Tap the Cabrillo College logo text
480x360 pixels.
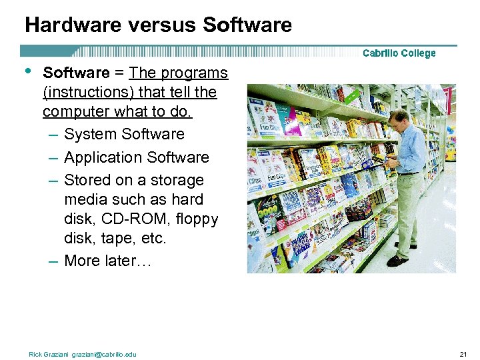(x=399, y=53)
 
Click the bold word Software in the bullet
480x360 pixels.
(x=76, y=73)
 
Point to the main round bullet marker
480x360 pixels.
(x=27, y=71)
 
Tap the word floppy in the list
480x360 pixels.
(x=195, y=219)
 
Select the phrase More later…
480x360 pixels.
(x=108, y=261)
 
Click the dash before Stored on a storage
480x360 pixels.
(x=53, y=181)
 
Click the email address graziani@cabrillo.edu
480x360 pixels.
(x=104, y=354)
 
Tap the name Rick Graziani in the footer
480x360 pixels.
(x=49, y=354)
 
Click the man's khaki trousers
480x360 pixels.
(x=409, y=207)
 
